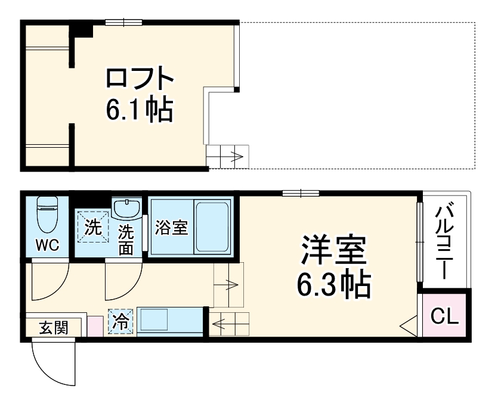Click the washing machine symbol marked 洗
tap(92, 227)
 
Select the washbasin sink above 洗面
tap(126, 210)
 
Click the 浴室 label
tap(172, 228)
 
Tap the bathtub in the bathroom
tap(212, 227)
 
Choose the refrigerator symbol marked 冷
tap(120, 322)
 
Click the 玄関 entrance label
tap(53, 327)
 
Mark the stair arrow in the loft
tap(228, 158)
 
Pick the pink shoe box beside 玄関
tap(95, 327)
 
